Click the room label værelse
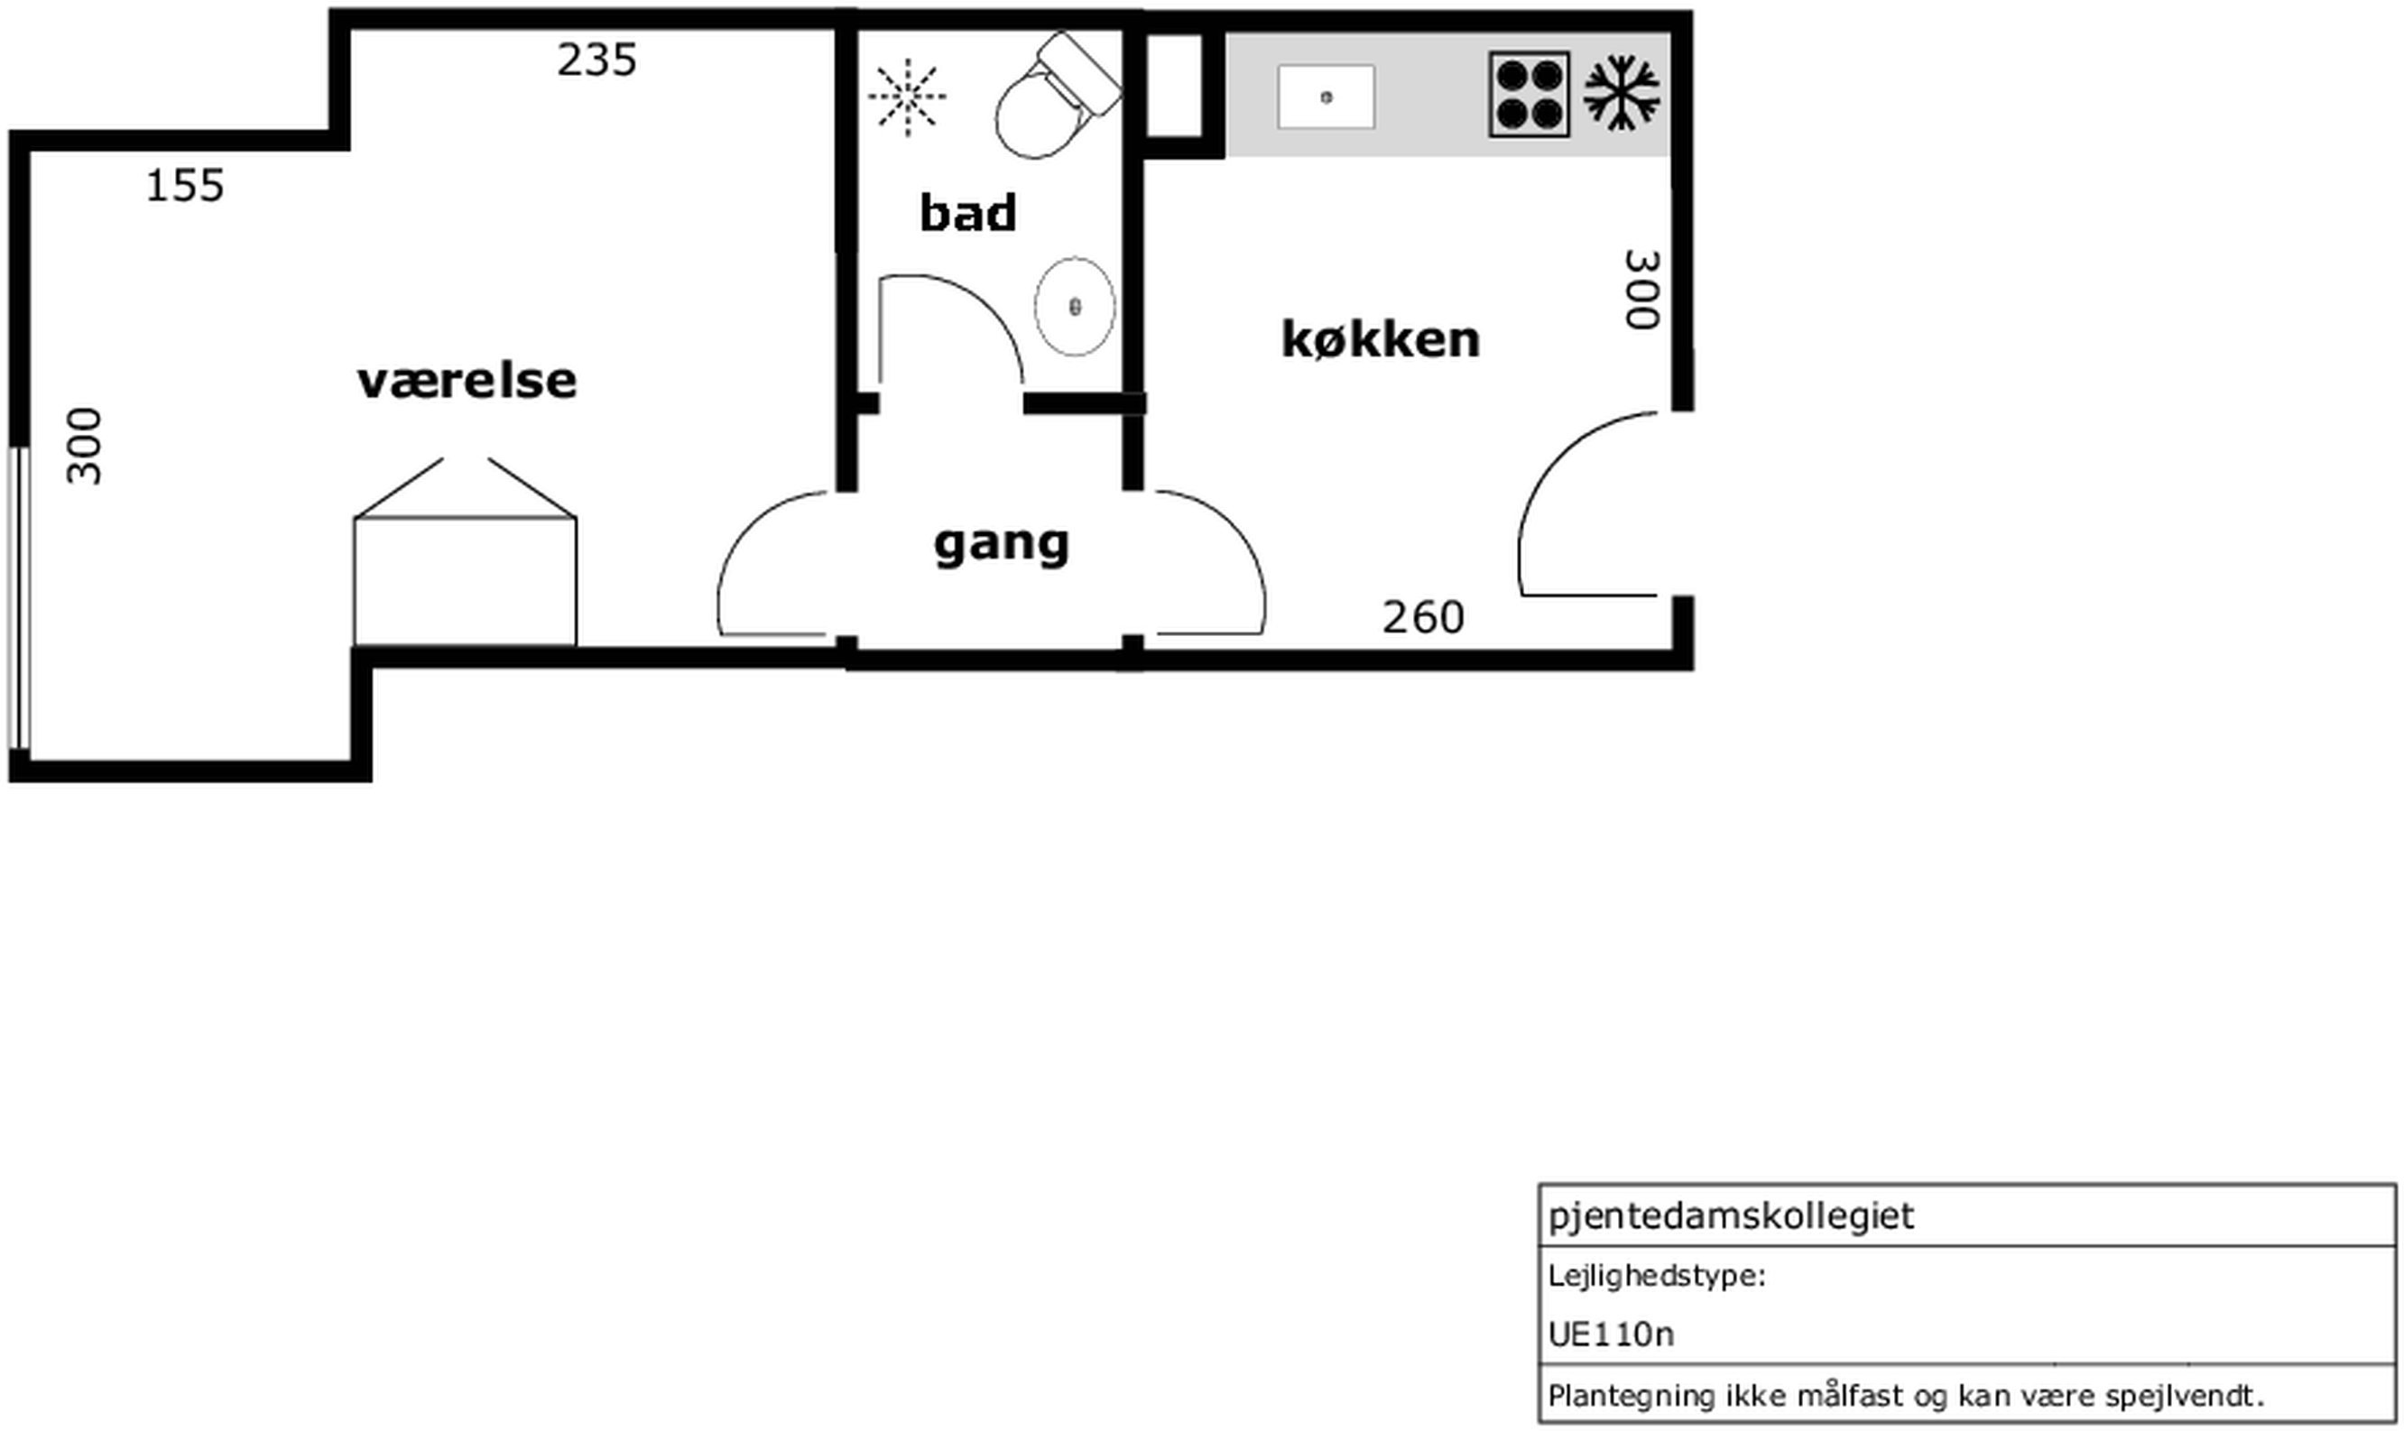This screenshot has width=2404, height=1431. (467, 381)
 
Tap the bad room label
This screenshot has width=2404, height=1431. (967, 213)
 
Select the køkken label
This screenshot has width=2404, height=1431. (1380, 339)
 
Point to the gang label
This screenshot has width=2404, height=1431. (1001, 545)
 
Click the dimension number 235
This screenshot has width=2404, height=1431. (596, 60)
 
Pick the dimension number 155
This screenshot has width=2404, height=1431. (185, 185)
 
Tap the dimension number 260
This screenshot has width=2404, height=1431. (1423, 617)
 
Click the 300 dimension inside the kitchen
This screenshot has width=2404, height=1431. (1642, 290)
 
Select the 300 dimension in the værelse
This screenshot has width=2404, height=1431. (84, 447)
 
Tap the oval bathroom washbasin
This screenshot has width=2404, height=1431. (1074, 307)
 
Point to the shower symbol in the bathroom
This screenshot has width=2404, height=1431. (908, 96)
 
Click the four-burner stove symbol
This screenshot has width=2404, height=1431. (1529, 95)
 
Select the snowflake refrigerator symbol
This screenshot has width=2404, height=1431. (1623, 94)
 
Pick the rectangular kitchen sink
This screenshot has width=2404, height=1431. (1326, 97)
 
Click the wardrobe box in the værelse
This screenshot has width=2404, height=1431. (465, 580)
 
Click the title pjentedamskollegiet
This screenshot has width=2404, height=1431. (1731, 1216)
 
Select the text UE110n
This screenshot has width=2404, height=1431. (1612, 1334)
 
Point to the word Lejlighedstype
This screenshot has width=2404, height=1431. (1656, 1277)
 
